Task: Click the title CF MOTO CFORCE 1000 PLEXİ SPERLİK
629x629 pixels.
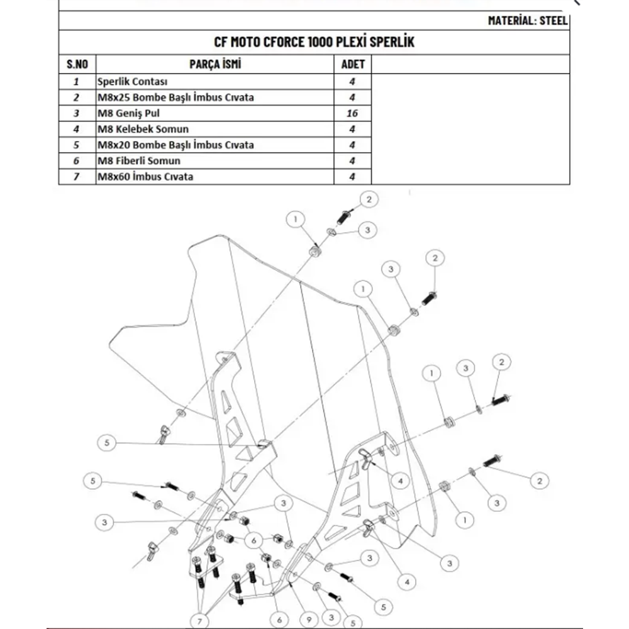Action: pos(314,43)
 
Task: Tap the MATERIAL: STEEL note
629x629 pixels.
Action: pos(528,20)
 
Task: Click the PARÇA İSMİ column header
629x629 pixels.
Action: pos(215,64)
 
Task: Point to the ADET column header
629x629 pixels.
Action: pos(352,64)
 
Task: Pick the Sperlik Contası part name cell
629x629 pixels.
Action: pos(133,82)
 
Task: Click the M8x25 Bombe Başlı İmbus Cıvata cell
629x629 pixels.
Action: pos(175,97)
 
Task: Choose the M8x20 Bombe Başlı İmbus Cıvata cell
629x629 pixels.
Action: pos(175,145)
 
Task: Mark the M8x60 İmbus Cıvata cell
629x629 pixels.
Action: pos(145,177)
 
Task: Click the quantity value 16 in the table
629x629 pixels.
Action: pos(352,113)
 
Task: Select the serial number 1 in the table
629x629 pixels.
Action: pos(77,82)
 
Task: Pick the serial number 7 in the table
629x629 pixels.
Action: pos(77,177)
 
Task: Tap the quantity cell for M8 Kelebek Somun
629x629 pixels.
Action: pos(352,129)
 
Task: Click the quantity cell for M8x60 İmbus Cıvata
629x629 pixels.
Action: pos(352,177)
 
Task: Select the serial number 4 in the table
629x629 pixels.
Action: pos(77,129)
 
